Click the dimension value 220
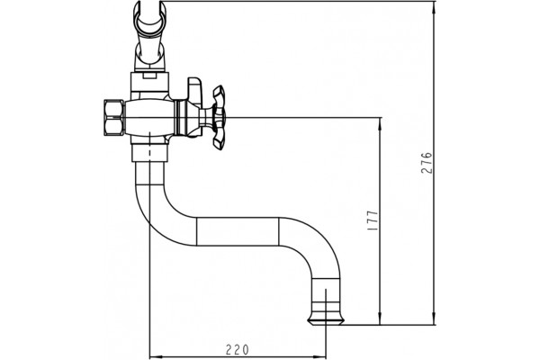237,350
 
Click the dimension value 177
373,220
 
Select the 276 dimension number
427,163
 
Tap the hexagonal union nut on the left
113,118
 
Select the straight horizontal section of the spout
238,231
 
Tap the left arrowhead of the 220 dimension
153,355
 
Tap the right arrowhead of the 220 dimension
322,355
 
